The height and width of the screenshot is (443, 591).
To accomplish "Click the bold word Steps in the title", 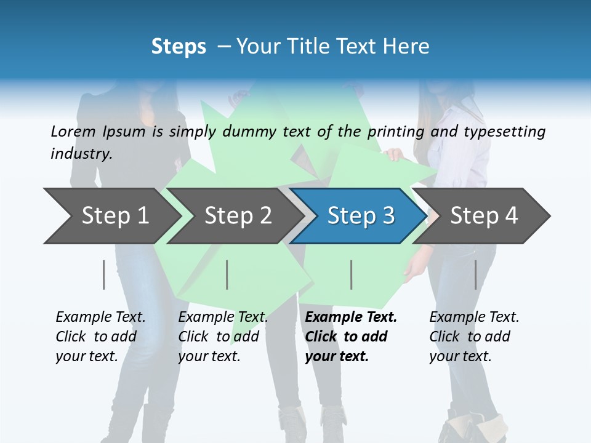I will (x=179, y=47).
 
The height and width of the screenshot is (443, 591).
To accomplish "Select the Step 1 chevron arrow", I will (x=111, y=216).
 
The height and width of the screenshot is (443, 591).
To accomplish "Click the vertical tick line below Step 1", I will (x=104, y=274).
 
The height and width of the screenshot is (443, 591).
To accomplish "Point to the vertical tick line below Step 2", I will (x=227, y=274).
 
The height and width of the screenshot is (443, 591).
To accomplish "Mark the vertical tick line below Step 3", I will (x=352, y=274).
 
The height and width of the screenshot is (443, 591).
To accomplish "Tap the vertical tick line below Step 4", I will (x=476, y=274).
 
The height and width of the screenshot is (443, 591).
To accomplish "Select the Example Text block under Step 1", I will (x=100, y=337).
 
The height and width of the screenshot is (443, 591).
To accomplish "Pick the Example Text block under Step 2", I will (x=222, y=337).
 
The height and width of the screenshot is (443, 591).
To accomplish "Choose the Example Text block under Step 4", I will (x=473, y=337).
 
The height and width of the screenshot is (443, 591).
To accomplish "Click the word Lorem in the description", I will (x=73, y=132).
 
